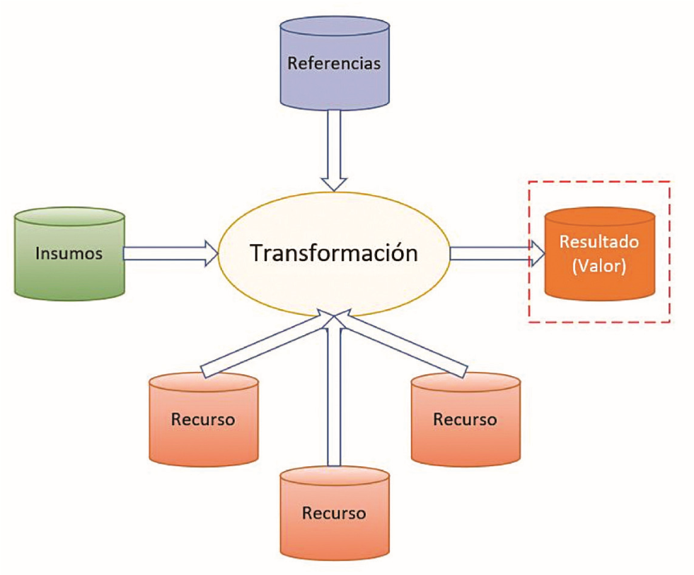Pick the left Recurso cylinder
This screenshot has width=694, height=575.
click(x=203, y=421)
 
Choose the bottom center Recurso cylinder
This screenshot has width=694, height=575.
click(x=334, y=514)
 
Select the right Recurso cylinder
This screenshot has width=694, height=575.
click(x=465, y=421)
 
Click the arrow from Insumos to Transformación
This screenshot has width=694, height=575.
click(x=170, y=252)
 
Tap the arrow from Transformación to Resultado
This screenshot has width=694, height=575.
click(x=495, y=252)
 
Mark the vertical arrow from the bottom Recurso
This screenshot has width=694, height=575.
click(x=335, y=396)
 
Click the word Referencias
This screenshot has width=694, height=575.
click(x=334, y=63)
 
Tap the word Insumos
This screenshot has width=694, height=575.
click(x=69, y=253)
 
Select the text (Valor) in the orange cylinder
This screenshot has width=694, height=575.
click(x=599, y=269)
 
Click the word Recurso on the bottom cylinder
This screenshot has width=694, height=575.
click(x=334, y=513)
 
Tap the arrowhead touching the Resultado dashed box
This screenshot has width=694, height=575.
click(x=538, y=252)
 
